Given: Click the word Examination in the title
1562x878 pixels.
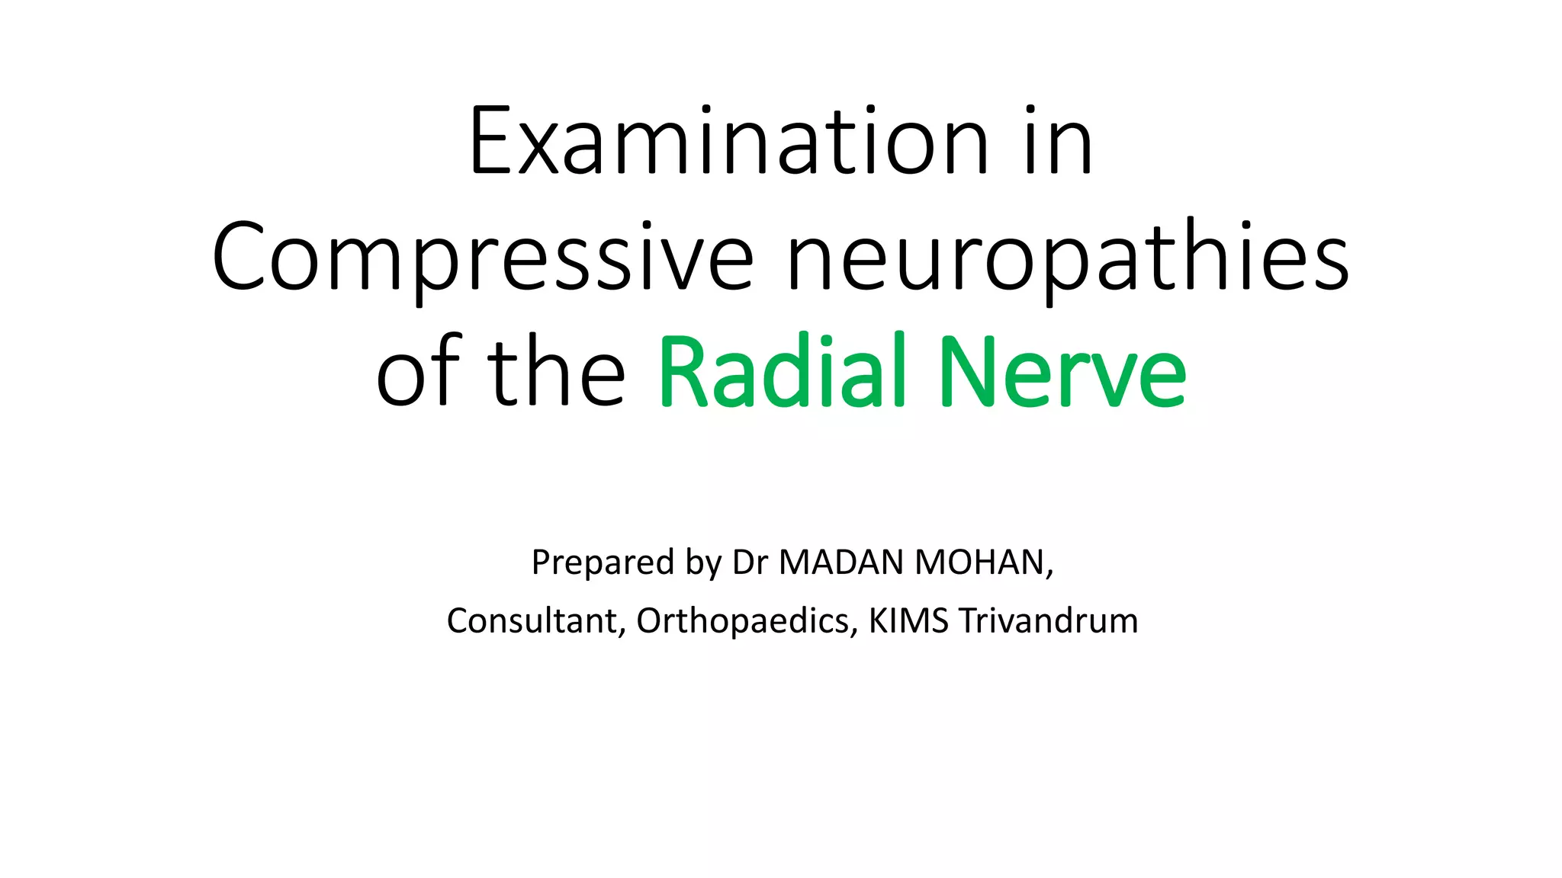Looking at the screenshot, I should click(x=728, y=143).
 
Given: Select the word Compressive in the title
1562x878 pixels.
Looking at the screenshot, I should click(x=482, y=258).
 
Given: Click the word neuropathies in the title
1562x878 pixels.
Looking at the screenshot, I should click(x=1068, y=258).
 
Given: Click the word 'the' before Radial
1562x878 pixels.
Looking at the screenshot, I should click(x=556, y=372).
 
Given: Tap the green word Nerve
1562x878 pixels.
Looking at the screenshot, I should click(x=1062, y=372).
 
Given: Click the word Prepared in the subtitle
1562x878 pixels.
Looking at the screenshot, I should click(x=603, y=562).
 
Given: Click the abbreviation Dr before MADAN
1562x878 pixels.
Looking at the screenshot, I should click(x=750, y=562).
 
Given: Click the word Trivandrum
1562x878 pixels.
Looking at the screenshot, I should click(x=1049, y=621).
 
